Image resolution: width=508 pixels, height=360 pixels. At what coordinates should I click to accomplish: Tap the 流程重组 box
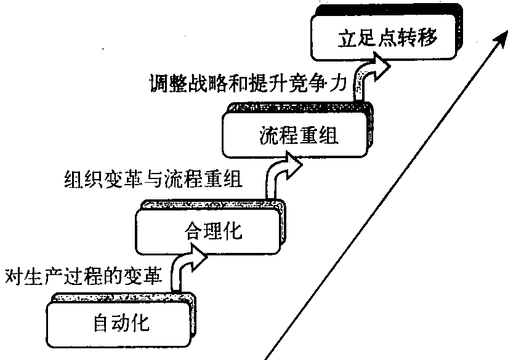296,136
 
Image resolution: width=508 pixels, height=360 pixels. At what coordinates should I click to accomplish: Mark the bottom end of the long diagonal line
267,356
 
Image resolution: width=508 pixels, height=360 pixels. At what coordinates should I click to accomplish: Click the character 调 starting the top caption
156,82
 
